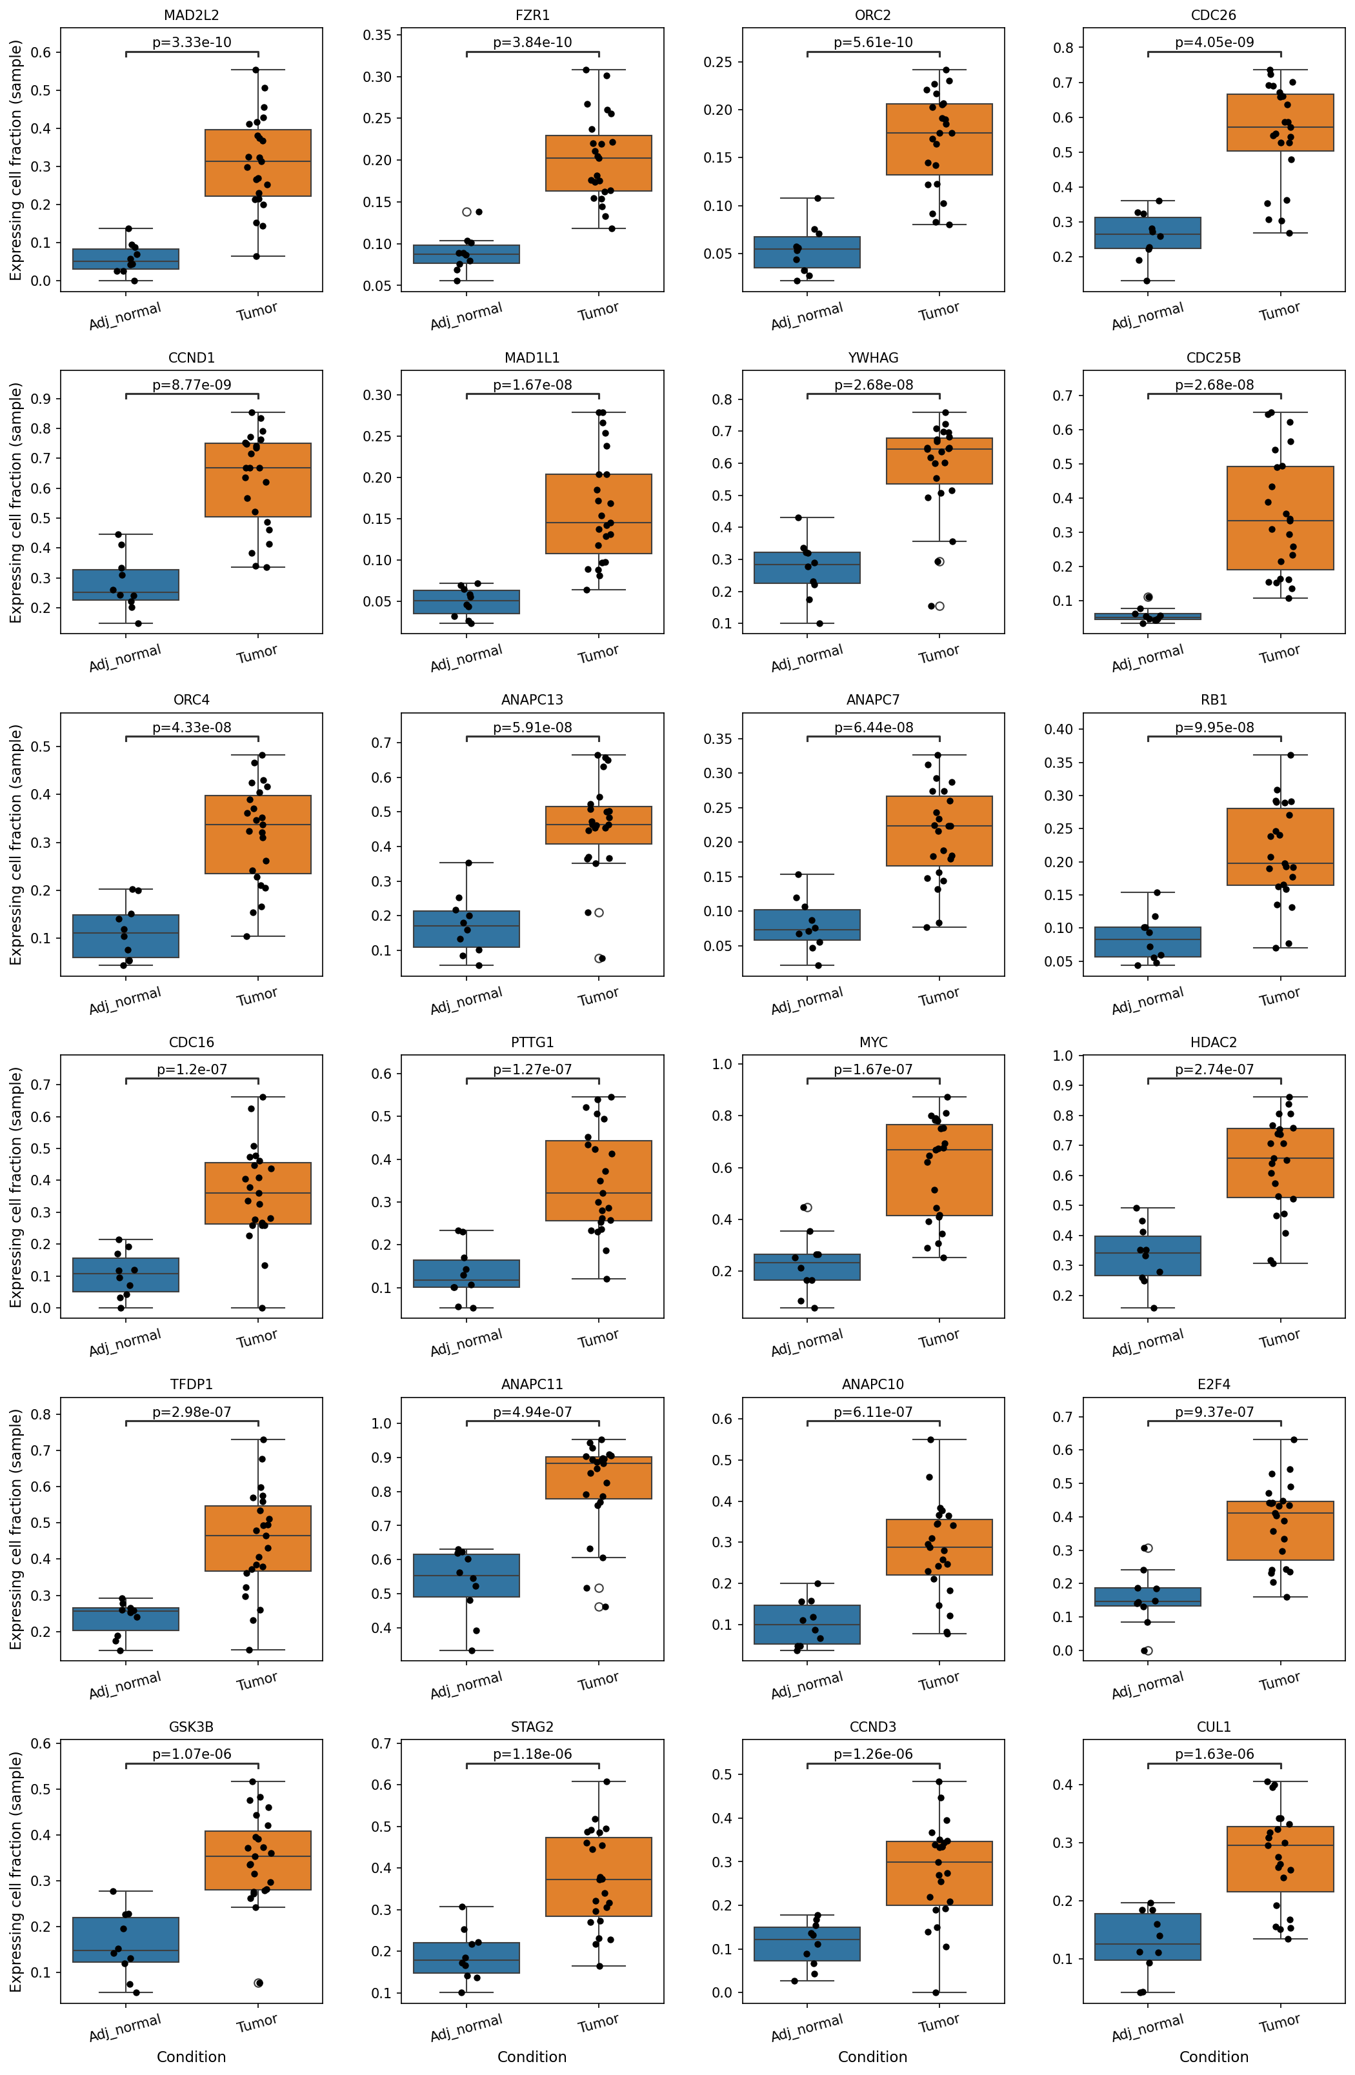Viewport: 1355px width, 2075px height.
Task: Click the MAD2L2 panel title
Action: pyautogui.click(x=191, y=15)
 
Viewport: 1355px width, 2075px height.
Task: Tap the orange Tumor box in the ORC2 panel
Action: pyautogui.click(x=939, y=139)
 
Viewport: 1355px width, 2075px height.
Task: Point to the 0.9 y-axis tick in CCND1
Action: pyautogui.click(x=39, y=399)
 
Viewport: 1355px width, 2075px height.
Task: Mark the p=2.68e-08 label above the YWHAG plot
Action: pyautogui.click(x=873, y=385)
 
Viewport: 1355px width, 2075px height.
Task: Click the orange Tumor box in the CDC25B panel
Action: pyautogui.click(x=1280, y=518)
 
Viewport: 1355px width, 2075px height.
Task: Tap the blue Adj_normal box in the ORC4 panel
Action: pyautogui.click(x=126, y=936)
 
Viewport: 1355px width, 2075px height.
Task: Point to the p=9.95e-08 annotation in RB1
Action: pyautogui.click(x=1214, y=727)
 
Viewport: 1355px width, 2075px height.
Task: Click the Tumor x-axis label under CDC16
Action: pyautogui.click(x=257, y=1338)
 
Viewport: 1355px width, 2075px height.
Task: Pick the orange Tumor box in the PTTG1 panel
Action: pyautogui.click(x=599, y=1181)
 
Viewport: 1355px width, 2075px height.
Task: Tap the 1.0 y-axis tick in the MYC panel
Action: pyautogui.click(x=722, y=1064)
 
